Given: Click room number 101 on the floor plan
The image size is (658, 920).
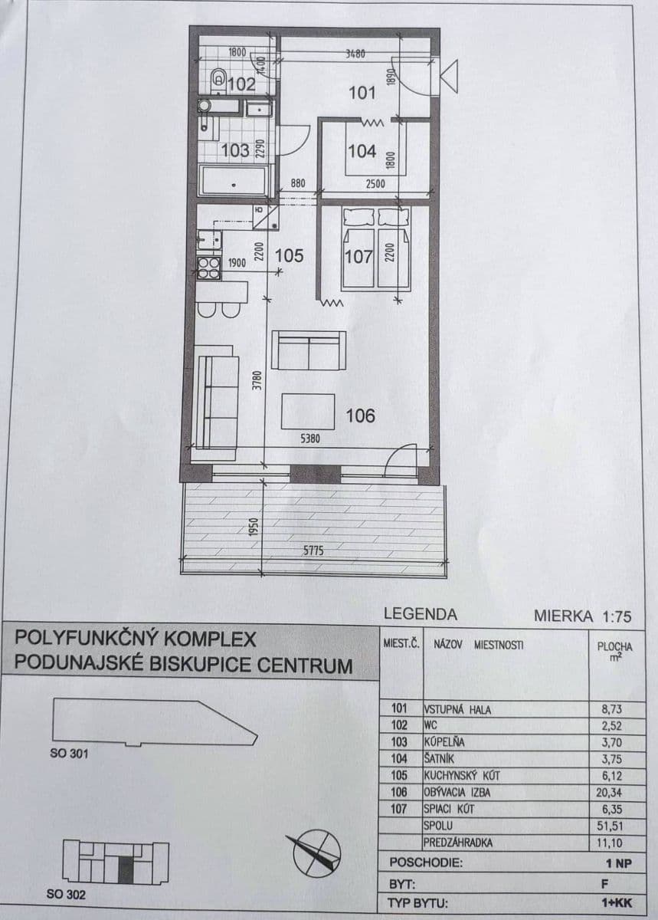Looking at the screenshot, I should (362, 94).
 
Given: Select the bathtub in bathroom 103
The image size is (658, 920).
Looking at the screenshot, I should (233, 182).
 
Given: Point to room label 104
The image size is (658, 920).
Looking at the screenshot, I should (362, 151).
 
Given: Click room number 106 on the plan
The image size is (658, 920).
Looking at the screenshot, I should (360, 416).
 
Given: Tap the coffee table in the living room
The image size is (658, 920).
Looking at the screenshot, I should (308, 411).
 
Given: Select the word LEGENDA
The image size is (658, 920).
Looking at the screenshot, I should (420, 614).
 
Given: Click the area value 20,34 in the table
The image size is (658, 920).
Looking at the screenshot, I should (615, 792).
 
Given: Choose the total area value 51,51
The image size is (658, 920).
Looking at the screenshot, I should (615, 826).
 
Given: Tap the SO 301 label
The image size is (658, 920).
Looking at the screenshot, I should (69, 753).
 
